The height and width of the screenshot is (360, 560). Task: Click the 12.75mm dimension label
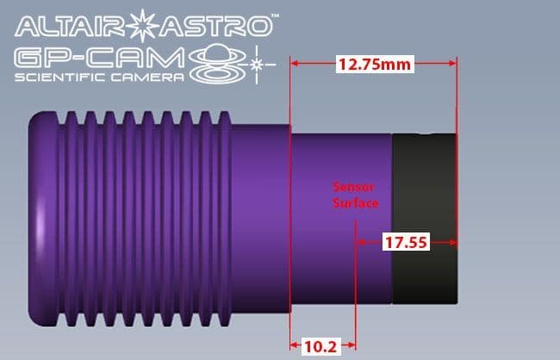[x=375, y=65]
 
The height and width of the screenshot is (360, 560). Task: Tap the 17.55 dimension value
[x=406, y=243]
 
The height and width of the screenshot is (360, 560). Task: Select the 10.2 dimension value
[x=320, y=346]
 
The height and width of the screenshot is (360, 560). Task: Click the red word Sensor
[x=353, y=187]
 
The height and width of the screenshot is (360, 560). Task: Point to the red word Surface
[x=356, y=203]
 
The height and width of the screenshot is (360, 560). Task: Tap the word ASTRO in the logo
[x=215, y=27]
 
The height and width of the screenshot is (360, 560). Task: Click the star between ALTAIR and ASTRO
[x=142, y=25]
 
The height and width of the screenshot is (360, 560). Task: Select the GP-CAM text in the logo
[x=99, y=59]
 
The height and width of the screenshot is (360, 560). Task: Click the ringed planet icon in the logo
[x=218, y=65]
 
